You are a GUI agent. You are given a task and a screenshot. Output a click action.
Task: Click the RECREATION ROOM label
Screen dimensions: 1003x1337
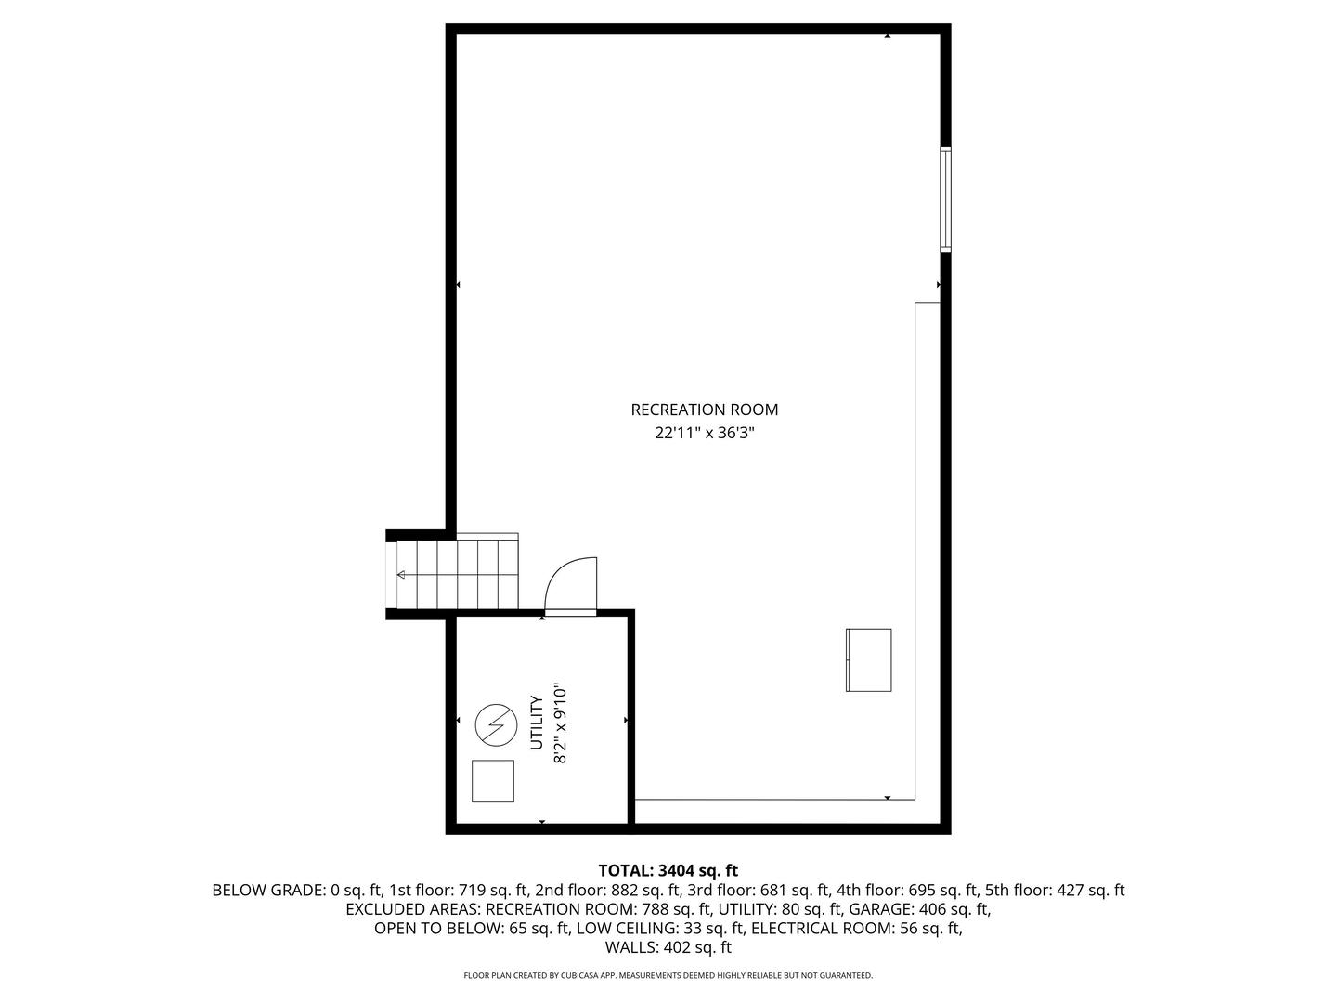[x=704, y=410]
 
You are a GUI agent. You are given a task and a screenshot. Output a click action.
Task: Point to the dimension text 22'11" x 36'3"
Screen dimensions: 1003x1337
[x=704, y=433]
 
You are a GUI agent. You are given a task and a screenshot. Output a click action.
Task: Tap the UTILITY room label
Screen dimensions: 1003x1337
[x=537, y=723]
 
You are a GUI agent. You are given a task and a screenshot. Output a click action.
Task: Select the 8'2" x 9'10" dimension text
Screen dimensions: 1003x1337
[x=559, y=724]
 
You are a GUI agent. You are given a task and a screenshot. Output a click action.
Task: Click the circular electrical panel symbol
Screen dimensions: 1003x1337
[x=495, y=724]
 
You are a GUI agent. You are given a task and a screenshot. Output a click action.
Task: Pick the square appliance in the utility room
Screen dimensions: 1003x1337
[x=493, y=781]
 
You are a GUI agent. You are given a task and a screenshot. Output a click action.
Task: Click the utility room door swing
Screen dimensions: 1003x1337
[x=569, y=585]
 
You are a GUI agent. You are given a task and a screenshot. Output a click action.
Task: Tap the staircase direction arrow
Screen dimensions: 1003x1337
[x=401, y=575]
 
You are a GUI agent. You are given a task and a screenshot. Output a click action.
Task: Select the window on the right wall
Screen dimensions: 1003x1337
[x=945, y=199]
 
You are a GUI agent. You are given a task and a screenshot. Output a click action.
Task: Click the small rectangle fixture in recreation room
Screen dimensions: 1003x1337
[x=868, y=660]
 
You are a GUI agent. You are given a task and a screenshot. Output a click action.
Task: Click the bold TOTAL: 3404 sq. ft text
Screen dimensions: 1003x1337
[x=668, y=871]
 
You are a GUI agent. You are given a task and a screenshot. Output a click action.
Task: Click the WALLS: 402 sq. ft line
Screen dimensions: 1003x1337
[x=668, y=948]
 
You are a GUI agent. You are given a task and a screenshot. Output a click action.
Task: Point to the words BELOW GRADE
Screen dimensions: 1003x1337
[x=267, y=891]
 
